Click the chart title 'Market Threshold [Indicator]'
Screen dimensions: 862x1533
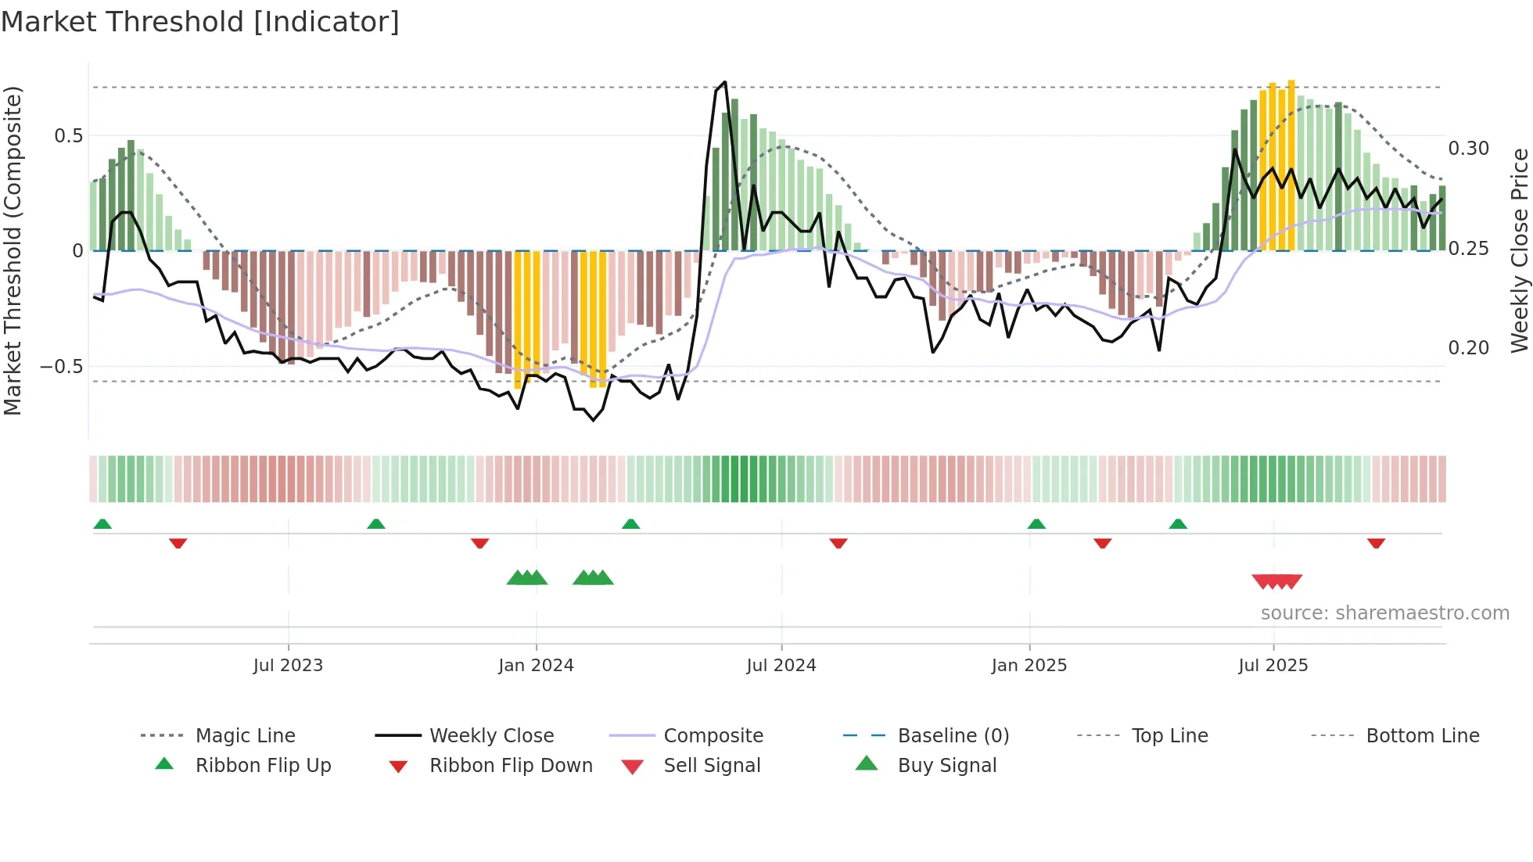pyautogui.click(x=200, y=22)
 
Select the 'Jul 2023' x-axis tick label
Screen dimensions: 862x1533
pyautogui.click(x=288, y=665)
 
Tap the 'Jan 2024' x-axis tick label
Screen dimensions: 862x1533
pyautogui.click(x=536, y=665)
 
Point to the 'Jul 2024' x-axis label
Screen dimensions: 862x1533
pyautogui.click(x=781, y=665)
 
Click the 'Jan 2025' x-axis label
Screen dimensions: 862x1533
pyautogui.click(x=1029, y=665)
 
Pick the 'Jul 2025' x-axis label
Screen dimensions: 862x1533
pyautogui.click(x=1273, y=665)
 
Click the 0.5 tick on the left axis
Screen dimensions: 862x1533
pyautogui.click(x=68, y=136)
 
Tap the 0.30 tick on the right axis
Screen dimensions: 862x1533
pyautogui.click(x=1468, y=149)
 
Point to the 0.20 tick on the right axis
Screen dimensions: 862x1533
pyautogui.click(x=1468, y=348)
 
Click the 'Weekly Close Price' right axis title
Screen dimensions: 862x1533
pyautogui.click(x=1519, y=250)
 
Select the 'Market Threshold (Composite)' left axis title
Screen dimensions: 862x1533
pyautogui.click(x=13, y=250)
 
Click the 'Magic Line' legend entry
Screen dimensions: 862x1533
pyautogui.click(x=245, y=736)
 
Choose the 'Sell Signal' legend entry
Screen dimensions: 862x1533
pyautogui.click(x=712, y=766)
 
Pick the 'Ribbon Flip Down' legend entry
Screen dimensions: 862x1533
pyautogui.click(x=511, y=766)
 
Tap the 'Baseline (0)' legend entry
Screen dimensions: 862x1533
pyautogui.click(x=953, y=736)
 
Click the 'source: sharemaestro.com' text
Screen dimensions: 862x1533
pyautogui.click(x=1384, y=613)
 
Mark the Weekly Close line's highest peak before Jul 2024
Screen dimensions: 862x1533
pyautogui.click(x=725, y=82)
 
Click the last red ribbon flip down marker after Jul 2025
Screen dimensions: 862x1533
pyautogui.click(x=1376, y=543)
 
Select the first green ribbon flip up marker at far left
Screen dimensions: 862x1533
pyautogui.click(x=102, y=524)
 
